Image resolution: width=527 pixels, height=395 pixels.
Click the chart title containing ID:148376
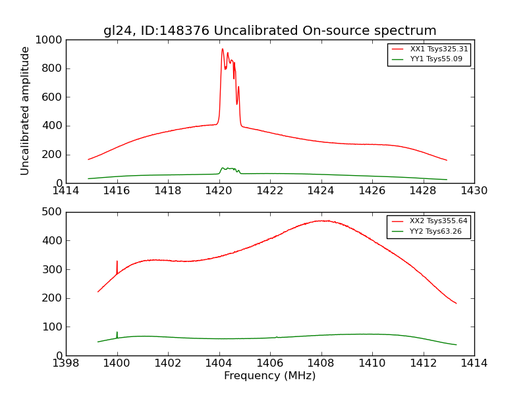tap(269, 31)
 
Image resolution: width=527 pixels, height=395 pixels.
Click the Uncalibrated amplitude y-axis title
tap(26, 111)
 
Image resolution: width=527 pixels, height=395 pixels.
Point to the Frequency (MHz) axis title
tap(269, 376)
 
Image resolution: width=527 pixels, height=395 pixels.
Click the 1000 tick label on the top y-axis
tap(49, 40)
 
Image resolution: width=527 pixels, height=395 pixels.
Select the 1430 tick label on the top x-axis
tap(474, 191)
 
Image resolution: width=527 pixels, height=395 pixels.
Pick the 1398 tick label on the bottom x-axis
tap(66, 363)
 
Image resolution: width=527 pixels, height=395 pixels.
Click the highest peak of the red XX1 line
tap(223, 49)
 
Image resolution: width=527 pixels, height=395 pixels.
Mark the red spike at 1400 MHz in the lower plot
tap(117, 262)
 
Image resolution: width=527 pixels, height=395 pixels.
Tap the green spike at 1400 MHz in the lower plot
tap(117, 332)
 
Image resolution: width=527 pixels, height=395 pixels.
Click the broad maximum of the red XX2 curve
tap(323, 221)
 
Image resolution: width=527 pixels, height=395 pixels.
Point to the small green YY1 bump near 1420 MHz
tap(228, 169)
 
